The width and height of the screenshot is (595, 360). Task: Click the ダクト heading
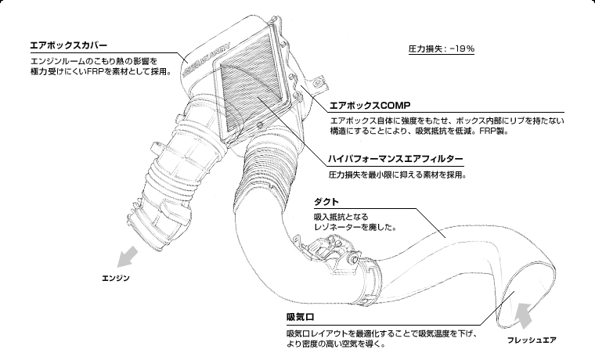(x=325, y=203)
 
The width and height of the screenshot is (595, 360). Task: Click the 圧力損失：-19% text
(x=441, y=49)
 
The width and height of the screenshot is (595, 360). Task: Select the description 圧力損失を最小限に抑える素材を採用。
(x=397, y=175)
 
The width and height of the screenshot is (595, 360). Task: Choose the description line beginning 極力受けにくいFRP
(x=99, y=73)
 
